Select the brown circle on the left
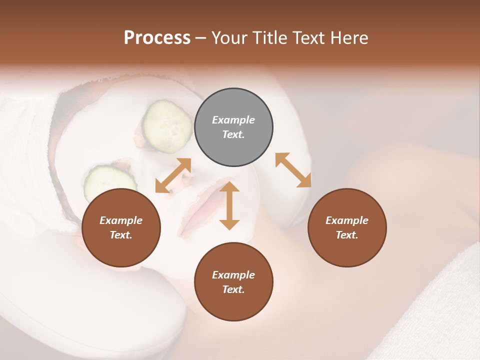click(x=121, y=228)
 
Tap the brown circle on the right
click(x=347, y=228)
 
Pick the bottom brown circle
click(x=233, y=282)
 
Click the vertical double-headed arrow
click(x=229, y=205)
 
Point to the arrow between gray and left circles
click(x=173, y=175)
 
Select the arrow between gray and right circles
click(x=293, y=170)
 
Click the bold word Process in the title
click(x=157, y=38)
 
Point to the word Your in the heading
click(x=228, y=38)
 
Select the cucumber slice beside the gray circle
click(x=167, y=125)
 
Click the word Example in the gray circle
click(x=233, y=120)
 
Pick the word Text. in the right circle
click(x=347, y=235)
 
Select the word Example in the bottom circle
click(x=233, y=275)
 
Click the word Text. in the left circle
click(x=121, y=235)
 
